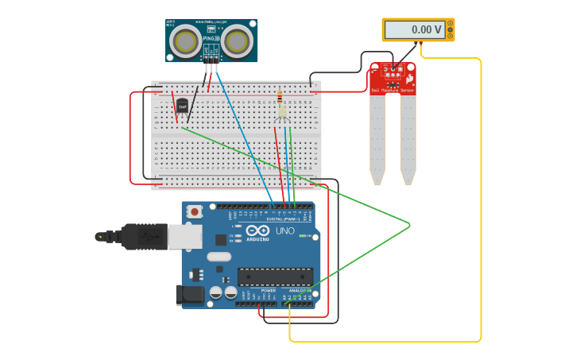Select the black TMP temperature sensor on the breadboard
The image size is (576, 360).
(x=182, y=106)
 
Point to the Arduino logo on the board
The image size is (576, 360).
(x=257, y=230)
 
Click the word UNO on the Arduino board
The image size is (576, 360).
(x=284, y=230)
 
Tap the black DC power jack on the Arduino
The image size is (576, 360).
(x=189, y=294)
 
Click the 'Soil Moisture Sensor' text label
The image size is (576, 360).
(x=392, y=91)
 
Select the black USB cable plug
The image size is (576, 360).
(x=143, y=236)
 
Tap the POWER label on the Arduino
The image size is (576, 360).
(x=269, y=291)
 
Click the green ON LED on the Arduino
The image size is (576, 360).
(x=303, y=236)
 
